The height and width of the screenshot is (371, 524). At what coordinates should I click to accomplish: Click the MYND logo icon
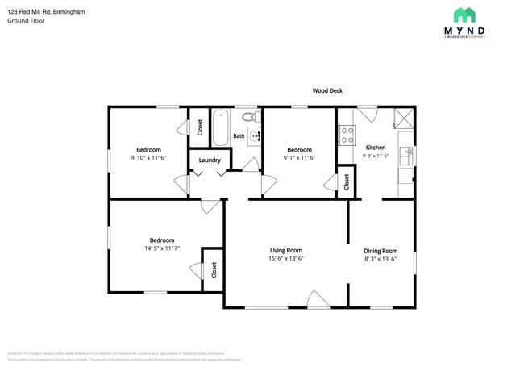[x=464, y=15]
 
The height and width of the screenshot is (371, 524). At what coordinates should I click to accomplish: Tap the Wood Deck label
[x=327, y=91]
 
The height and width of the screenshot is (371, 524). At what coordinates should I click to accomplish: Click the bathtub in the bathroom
[x=221, y=127]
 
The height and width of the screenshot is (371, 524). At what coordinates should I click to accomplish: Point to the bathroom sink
[x=256, y=135]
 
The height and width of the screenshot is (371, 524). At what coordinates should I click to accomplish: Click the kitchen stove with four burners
[x=347, y=135]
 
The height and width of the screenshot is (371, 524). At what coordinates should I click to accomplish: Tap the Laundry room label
[x=210, y=160]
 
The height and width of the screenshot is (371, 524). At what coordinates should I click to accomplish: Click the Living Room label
[x=286, y=250]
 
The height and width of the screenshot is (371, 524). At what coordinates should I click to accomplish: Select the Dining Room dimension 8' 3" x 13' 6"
[x=381, y=259]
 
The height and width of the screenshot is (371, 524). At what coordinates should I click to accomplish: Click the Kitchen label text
[x=376, y=148]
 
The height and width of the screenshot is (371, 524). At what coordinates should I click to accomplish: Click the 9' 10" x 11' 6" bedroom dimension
[x=148, y=158]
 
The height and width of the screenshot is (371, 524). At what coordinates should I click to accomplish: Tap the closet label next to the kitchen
[x=346, y=181]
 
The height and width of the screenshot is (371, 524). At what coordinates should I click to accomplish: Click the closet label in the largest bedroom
[x=214, y=270]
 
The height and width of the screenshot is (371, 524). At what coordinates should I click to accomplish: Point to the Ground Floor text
[x=26, y=21]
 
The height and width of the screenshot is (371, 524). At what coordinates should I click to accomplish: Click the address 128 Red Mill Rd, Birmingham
[x=47, y=12]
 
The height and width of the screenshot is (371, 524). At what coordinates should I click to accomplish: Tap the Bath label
[x=239, y=136]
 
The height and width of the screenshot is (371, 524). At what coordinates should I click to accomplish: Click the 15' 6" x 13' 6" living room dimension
[x=286, y=259]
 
